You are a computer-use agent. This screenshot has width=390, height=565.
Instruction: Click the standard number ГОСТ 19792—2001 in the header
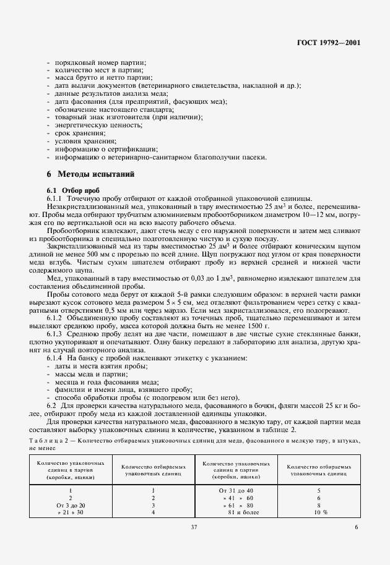tap(328, 43)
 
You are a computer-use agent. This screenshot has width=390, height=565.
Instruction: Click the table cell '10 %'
tap(320, 513)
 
